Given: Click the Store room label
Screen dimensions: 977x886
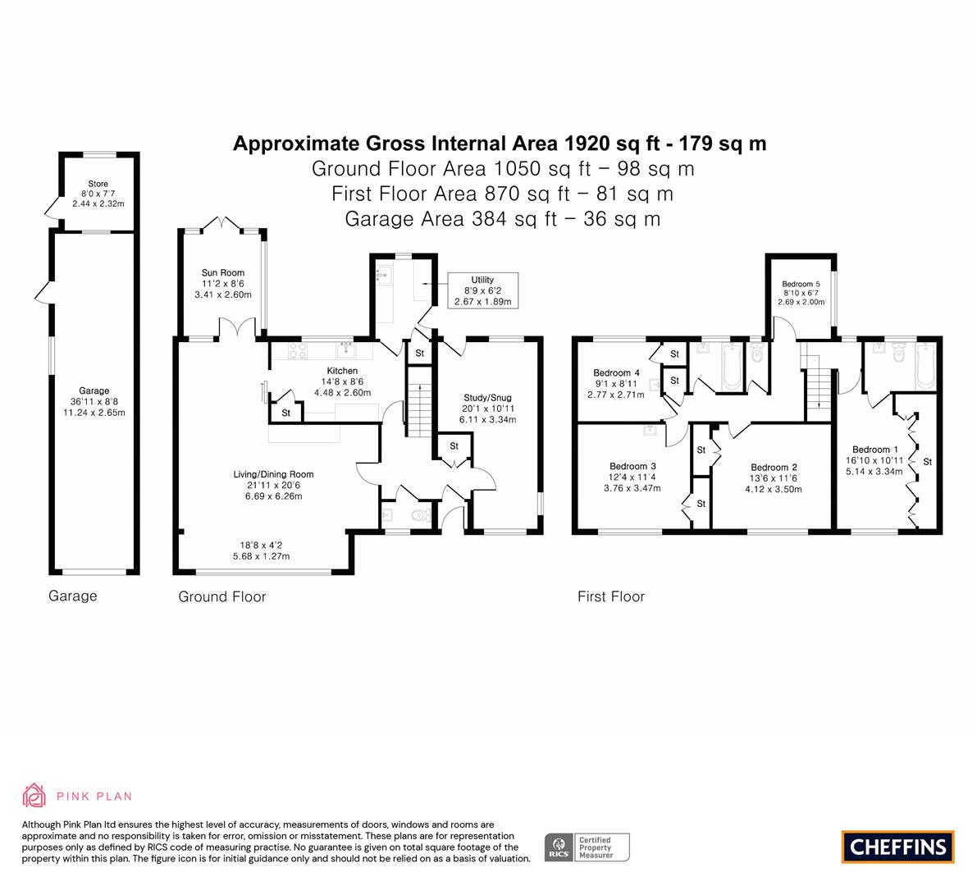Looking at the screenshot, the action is point(98,184).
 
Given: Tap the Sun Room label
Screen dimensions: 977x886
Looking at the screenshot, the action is point(223,272).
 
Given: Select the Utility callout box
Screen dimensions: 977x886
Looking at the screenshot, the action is point(482,290).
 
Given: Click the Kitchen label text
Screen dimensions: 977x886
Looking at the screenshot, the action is point(342,371).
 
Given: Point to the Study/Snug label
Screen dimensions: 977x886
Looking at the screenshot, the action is point(487,398).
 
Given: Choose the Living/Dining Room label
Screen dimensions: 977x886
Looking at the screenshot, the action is point(273,474).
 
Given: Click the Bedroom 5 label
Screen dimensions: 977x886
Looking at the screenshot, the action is point(801,284).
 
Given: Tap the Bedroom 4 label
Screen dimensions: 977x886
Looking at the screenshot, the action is point(616,372).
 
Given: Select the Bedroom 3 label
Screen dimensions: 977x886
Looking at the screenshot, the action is point(632,466).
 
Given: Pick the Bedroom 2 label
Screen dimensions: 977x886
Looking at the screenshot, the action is point(774,468).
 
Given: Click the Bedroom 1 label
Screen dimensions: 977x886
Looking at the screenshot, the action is point(874,450).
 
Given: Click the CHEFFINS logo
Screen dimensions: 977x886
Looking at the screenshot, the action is point(898,847).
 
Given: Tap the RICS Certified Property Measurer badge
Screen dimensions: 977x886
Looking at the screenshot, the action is point(587,847).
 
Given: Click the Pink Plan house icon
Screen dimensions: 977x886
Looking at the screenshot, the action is point(34,795).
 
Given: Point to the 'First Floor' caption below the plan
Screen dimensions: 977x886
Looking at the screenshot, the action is point(610,596).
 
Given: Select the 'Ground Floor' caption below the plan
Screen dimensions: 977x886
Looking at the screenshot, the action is point(221,596).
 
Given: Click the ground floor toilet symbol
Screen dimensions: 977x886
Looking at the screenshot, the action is point(421,516).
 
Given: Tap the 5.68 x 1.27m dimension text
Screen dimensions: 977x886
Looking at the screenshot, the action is point(261,556).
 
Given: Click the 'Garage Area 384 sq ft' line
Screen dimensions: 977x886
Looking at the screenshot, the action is point(502,219).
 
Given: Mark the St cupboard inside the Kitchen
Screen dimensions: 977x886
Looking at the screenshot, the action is point(286,413).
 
